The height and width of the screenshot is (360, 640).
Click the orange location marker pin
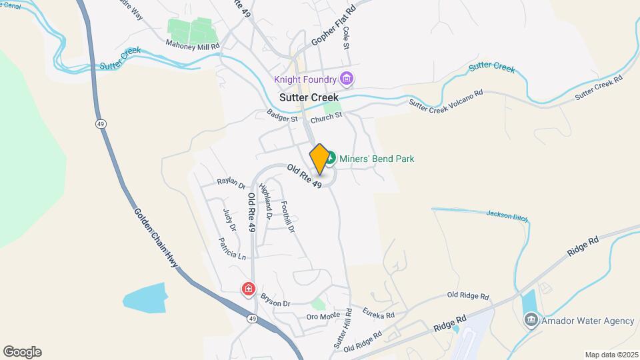[x=319, y=159]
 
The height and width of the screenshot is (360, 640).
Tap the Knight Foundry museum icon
[x=346, y=80]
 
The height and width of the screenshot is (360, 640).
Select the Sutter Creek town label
[x=309, y=97]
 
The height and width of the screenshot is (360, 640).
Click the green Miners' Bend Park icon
[x=331, y=159]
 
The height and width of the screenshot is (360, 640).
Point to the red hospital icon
[x=248, y=289]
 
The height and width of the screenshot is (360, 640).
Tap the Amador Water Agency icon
[x=531, y=321]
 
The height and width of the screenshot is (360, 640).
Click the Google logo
[x=22, y=352]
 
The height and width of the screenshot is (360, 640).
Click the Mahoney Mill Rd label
[x=192, y=45]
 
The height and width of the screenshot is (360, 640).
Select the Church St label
[x=326, y=115]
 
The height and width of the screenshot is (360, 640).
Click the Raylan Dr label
[x=232, y=183]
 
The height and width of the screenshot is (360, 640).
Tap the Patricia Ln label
[x=233, y=249]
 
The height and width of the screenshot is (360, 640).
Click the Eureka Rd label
[x=379, y=312]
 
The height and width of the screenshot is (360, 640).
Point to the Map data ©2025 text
[x=610, y=354]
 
